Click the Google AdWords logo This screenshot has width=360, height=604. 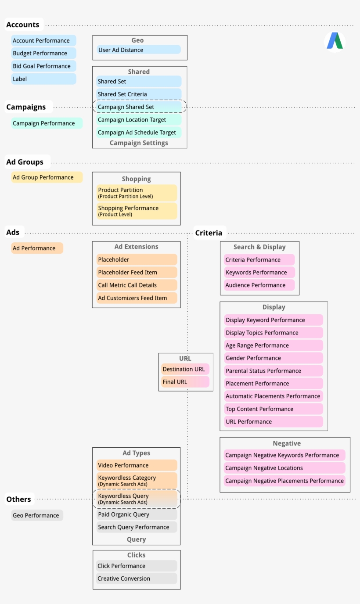click(335, 41)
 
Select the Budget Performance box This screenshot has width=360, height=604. click(43, 54)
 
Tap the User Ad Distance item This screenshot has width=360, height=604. click(138, 50)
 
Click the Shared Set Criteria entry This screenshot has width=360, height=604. click(138, 94)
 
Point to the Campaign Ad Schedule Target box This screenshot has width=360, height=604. click(138, 133)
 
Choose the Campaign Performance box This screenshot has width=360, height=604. click(47, 123)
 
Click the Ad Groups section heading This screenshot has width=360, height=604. click(25, 162)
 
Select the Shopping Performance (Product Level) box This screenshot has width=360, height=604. click(137, 211)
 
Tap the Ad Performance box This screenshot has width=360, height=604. click(37, 248)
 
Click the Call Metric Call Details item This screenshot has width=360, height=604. click(137, 285)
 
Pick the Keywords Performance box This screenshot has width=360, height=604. click(259, 273)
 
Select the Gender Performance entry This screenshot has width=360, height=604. click(273, 358)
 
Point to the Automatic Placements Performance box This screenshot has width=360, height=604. click(273, 396)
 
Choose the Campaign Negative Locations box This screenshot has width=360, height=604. click(284, 468)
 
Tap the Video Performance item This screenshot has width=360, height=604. click(137, 465)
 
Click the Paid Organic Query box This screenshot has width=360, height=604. click(137, 514)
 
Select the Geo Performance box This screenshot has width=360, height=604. click(37, 515)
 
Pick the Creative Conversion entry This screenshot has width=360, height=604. click(137, 579)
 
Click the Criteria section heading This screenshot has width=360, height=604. click(209, 233)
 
